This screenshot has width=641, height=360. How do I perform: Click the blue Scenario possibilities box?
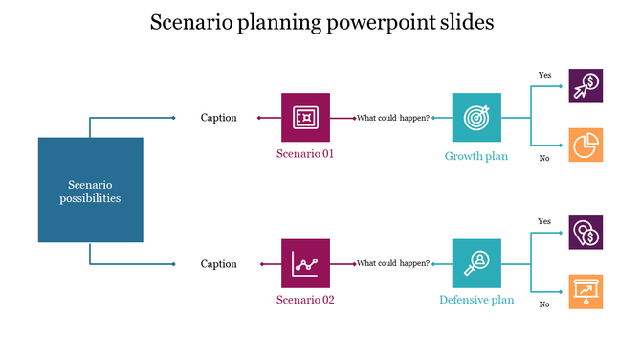click(91, 190)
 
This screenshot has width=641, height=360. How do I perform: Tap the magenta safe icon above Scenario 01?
click(305, 118)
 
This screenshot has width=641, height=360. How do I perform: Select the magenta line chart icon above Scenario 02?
click(305, 263)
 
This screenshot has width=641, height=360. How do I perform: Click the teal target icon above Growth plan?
click(475, 118)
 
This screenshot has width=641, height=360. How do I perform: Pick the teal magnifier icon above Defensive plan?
click(475, 263)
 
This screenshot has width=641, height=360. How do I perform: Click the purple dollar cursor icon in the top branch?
click(586, 86)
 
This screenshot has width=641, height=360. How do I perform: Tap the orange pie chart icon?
click(586, 145)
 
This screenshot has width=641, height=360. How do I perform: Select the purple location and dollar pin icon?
click(586, 233)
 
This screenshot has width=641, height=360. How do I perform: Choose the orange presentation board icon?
click(586, 290)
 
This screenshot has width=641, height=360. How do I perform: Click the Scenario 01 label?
click(305, 153)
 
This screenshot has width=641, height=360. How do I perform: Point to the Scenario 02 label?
click(305, 299)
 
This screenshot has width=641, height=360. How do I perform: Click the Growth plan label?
click(475, 156)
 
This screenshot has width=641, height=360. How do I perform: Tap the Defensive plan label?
click(475, 300)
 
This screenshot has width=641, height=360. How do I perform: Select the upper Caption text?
click(218, 118)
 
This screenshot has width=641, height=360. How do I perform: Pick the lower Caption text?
click(218, 264)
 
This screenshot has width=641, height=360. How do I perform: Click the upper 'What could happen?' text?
click(392, 118)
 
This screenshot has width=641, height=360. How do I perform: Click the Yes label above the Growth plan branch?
click(544, 75)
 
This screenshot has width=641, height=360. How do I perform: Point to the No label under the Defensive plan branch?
click(544, 304)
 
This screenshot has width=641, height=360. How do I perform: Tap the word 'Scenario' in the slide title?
click(190, 22)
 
